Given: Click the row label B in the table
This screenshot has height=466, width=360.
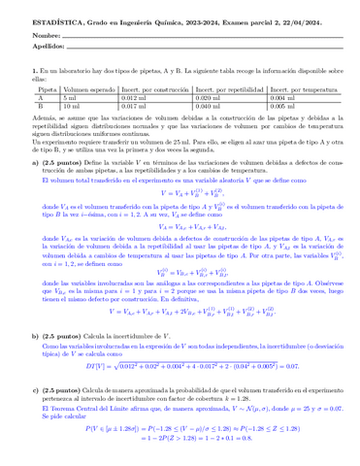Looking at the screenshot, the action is point(40,106).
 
